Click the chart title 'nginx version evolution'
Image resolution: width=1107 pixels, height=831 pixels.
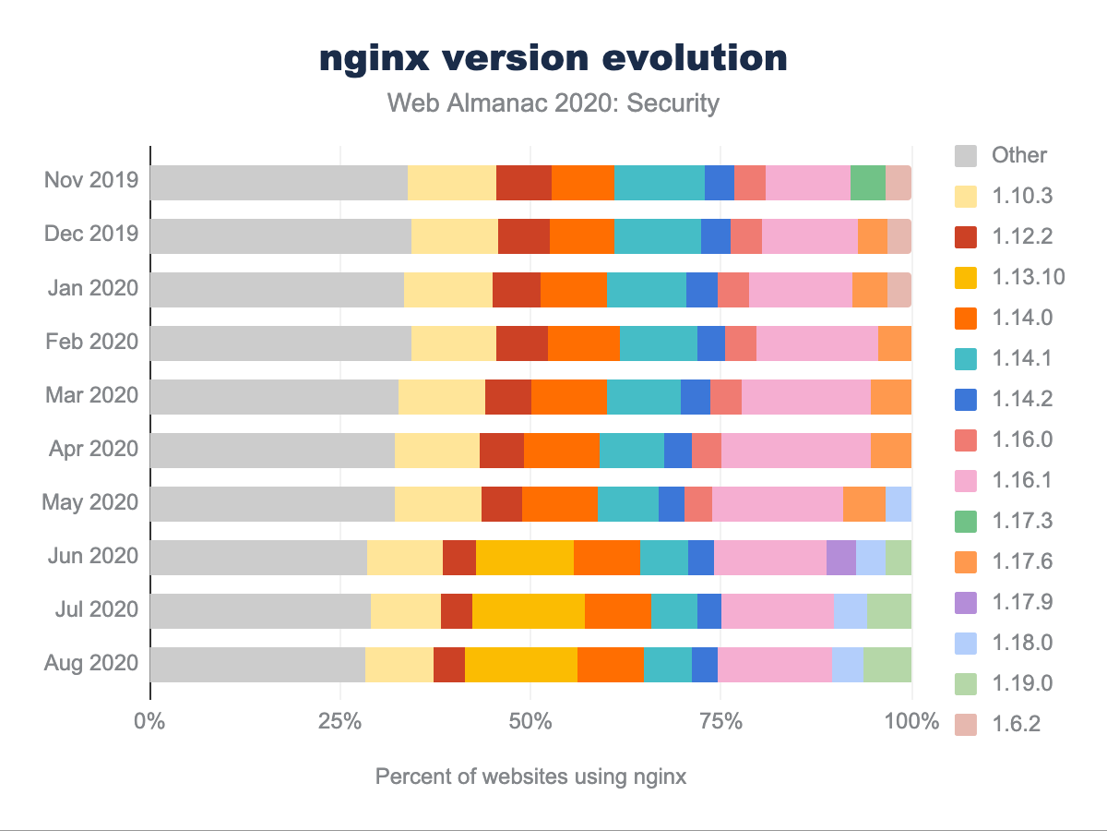553,58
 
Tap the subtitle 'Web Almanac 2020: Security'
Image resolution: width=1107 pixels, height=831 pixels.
553,102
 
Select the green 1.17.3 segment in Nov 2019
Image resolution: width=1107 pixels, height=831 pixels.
867,183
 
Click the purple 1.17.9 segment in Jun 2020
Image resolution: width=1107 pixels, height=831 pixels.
840,558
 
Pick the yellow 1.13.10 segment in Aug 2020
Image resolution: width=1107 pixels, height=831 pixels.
521,665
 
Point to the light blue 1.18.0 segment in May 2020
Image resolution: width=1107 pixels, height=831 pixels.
899,504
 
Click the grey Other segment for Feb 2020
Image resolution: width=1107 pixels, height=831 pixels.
280,343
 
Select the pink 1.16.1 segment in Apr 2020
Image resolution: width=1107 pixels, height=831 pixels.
795,451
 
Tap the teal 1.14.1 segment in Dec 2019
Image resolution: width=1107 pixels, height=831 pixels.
657,236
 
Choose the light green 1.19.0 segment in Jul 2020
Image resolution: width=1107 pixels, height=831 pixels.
889,611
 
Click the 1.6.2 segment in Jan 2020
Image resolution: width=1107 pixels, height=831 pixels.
899,290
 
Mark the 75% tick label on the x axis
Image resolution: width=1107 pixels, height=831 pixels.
721,722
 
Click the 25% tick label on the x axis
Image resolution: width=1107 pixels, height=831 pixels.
340,722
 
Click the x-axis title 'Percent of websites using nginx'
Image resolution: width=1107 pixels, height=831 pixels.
530,777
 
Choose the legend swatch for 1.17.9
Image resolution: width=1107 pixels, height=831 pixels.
967,602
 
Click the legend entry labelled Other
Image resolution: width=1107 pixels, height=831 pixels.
1019,154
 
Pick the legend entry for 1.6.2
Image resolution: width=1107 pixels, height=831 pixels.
1016,724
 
